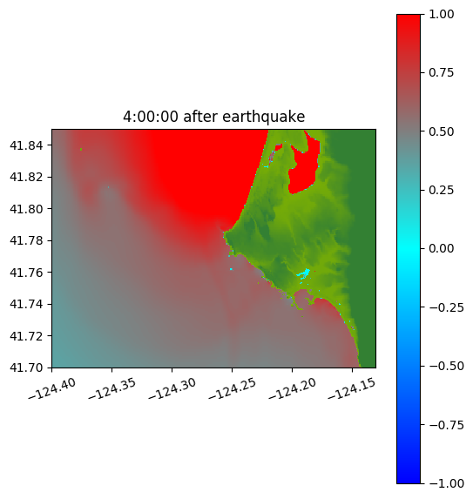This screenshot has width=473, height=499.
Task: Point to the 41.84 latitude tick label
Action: pos(26,145)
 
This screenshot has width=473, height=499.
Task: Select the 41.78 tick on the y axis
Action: pos(26,240)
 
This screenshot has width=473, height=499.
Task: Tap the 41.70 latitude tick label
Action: pos(26,368)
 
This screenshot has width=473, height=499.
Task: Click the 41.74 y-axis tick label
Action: pos(26,304)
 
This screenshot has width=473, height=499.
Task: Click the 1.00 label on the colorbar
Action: pos(441,14)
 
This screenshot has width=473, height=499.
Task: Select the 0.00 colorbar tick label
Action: pos(441,248)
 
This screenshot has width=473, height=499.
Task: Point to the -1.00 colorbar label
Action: pos(446,483)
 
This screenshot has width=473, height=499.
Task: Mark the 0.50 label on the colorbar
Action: pos(441,131)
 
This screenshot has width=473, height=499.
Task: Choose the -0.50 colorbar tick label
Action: pos(446,366)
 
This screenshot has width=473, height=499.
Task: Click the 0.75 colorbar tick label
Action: pos(441,73)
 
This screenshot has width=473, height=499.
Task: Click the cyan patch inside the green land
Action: pos(303,273)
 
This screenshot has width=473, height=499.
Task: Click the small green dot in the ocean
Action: pos(81,149)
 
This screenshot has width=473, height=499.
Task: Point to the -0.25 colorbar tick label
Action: pos(446,307)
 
